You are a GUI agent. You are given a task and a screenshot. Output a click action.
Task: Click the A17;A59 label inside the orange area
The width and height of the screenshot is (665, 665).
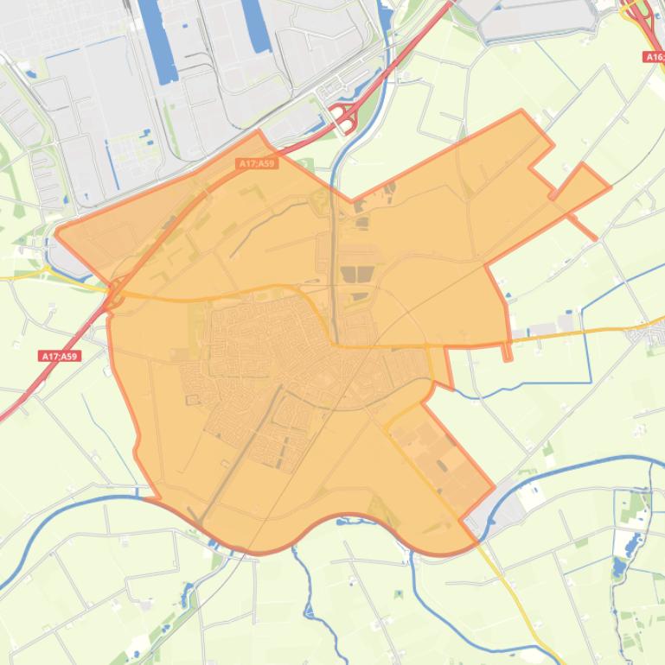(x=257, y=163)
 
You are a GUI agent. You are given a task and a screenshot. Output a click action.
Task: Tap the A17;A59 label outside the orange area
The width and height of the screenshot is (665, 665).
(x=60, y=356)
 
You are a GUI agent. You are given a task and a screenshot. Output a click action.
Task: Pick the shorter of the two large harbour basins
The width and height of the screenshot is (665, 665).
(x=256, y=26)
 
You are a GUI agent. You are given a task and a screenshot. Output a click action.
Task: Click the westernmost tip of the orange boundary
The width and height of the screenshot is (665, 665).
(x=56, y=231)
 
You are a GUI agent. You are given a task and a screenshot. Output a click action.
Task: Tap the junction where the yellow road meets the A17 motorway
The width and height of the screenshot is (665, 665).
(x=114, y=290)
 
